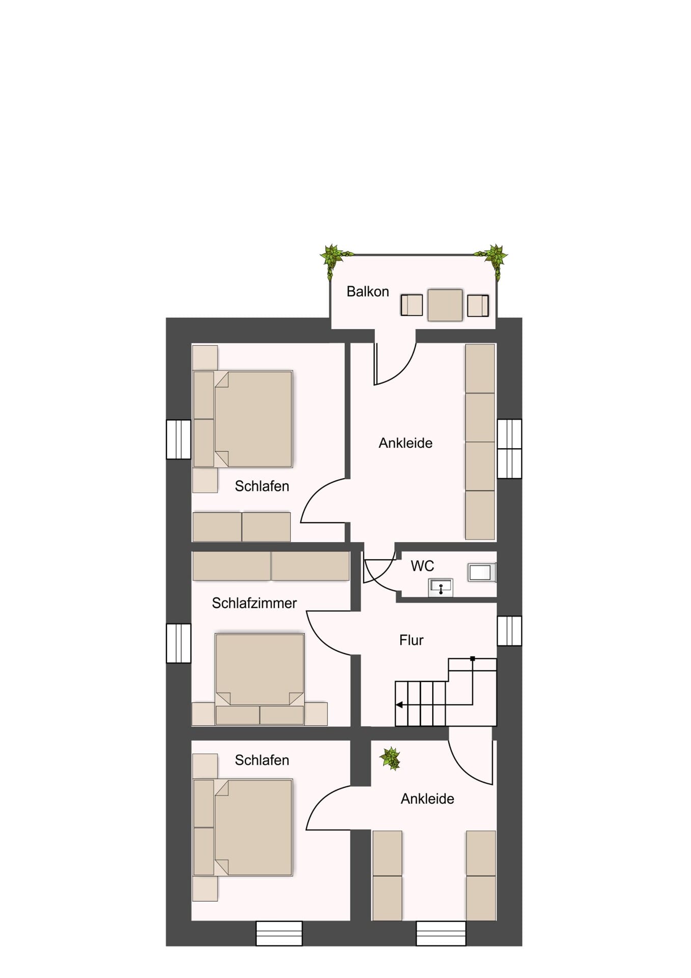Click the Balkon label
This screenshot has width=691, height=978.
pos(368,291)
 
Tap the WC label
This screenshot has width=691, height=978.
pos(422,566)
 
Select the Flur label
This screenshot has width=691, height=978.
pos(411,640)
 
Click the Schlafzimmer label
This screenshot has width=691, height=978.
pos(254,603)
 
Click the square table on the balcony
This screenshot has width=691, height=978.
pos(445,305)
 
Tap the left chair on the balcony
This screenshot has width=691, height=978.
pos(411,305)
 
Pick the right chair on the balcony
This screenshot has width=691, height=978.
pos(478,305)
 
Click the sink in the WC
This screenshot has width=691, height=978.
pos(440,587)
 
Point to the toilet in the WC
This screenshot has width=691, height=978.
pos(482,573)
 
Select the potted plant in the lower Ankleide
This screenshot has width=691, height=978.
pos(391,758)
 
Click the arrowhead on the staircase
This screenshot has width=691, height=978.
pos(400,705)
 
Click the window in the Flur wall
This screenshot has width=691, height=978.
pos(509,631)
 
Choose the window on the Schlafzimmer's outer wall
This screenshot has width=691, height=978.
pos(178,643)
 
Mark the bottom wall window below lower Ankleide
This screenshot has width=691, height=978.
pos(441,933)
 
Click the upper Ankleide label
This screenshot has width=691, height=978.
pos(405,443)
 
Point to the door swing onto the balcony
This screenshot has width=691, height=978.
pos(395,364)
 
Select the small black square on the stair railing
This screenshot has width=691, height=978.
pos(473,659)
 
